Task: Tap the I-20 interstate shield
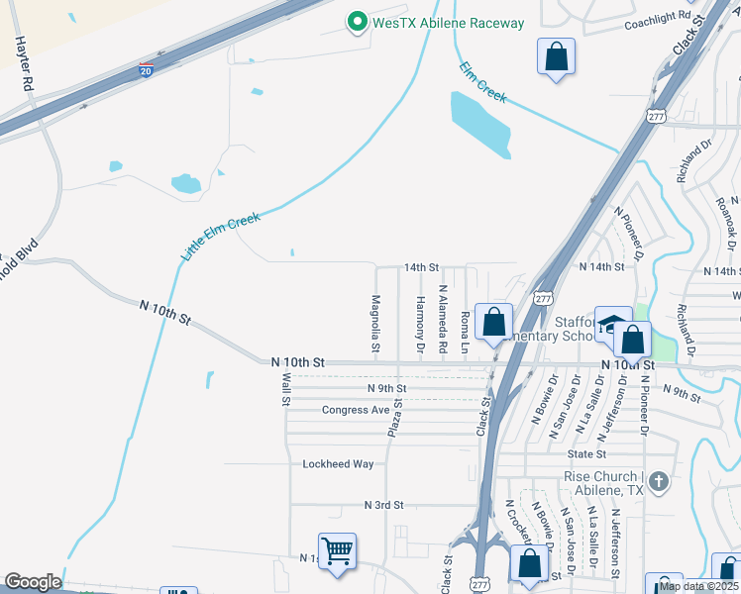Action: pyautogui.click(x=147, y=70)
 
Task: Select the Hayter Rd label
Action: pyautogui.click(x=23, y=65)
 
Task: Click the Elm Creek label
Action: pyautogui.click(x=483, y=82)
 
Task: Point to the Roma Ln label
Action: pyautogui.click(x=466, y=329)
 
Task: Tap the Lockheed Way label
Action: pyautogui.click(x=338, y=463)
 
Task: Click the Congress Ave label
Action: pyautogui.click(x=356, y=410)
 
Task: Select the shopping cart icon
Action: pyautogui.click(x=337, y=551)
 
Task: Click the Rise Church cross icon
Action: pyautogui.click(x=660, y=483)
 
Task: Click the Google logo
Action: pyautogui.click(x=33, y=582)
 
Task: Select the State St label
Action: pyautogui.click(x=586, y=453)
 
